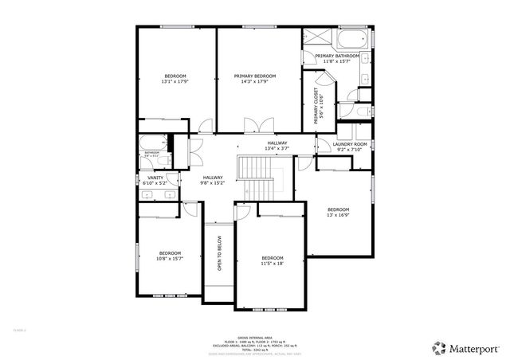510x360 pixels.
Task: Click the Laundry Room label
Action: [349, 144]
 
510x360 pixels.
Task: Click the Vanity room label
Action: [155, 178]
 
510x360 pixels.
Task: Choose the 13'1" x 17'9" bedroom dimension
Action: [175, 81]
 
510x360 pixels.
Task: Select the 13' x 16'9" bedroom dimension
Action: [338, 214]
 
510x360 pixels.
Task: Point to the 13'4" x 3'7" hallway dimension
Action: [277, 148]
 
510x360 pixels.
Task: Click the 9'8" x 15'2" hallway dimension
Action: [213, 182]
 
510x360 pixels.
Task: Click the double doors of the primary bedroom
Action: [254, 127]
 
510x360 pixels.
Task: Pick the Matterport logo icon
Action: [439, 348]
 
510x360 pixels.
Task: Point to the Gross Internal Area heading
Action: [254, 335]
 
